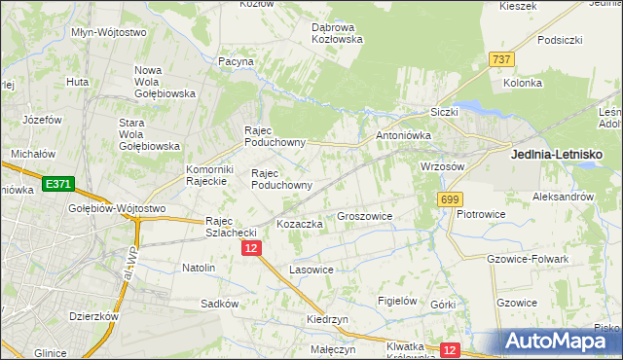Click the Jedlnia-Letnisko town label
pos(557,154)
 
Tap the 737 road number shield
pos(501,59)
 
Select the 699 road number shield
pos(449,199)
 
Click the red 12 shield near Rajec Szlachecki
pos(251,249)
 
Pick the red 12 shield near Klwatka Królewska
pos(450,349)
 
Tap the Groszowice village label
pos(364,216)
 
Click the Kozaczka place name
pos(299,224)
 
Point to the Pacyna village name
pos(236,61)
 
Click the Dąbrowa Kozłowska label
pos(337,33)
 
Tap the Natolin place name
pos(199,267)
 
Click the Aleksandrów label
pos(563,196)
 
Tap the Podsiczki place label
pos(559,40)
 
